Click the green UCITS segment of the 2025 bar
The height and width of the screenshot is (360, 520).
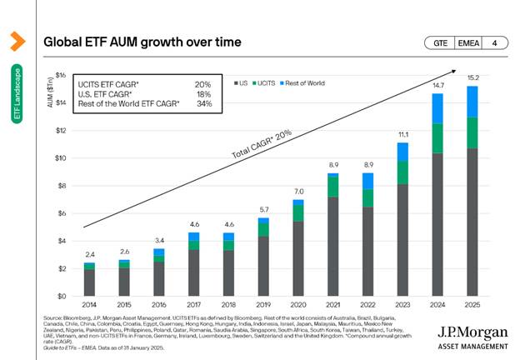pyautogui.click(x=472, y=132)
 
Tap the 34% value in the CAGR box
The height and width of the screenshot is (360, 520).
pyautogui.click(x=203, y=104)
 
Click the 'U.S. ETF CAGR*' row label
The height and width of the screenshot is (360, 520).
pyautogui.click(x=101, y=94)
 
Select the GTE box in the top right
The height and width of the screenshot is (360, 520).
pyautogui.click(x=440, y=42)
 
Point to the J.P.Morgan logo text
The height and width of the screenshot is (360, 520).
pyautogui.click(x=473, y=332)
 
